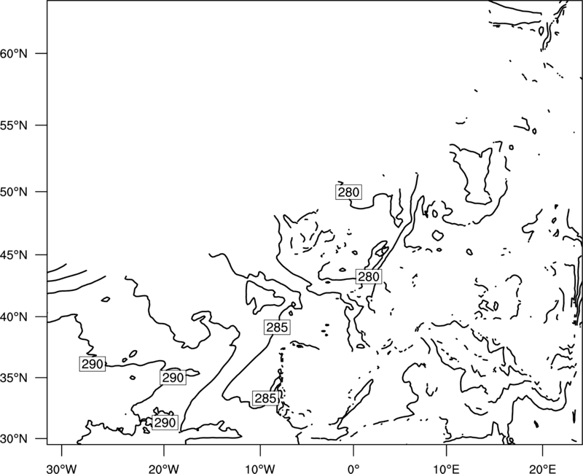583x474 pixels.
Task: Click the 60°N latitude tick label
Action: (x=14, y=53)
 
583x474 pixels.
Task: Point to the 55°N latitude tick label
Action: (x=14, y=125)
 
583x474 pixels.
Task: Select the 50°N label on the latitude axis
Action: (x=14, y=192)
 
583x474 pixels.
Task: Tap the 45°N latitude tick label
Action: (x=14, y=255)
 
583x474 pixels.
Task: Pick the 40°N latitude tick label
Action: (x=14, y=317)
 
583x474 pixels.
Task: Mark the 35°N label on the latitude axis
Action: (x=14, y=378)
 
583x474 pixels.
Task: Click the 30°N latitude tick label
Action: (x=14, y=439)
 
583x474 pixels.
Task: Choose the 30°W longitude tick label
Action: (x=62, y=469)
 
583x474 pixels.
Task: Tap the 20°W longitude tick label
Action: (x=163, y=469)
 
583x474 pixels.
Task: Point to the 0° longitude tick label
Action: (x=353, y=469)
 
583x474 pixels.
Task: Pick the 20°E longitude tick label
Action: (x=542, y=469)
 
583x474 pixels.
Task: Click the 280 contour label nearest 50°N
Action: (x=349, y=192)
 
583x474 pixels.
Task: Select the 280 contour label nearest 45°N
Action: (x=369, y=276)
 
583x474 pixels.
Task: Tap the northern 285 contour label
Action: (x=277, y=327)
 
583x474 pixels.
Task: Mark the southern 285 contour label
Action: (x=265, y=398)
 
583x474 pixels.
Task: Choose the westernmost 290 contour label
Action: (x=93, y=364)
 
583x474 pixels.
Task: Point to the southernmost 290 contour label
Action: (x=165, y=422)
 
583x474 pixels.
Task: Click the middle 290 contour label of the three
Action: (x=173, y=378)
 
